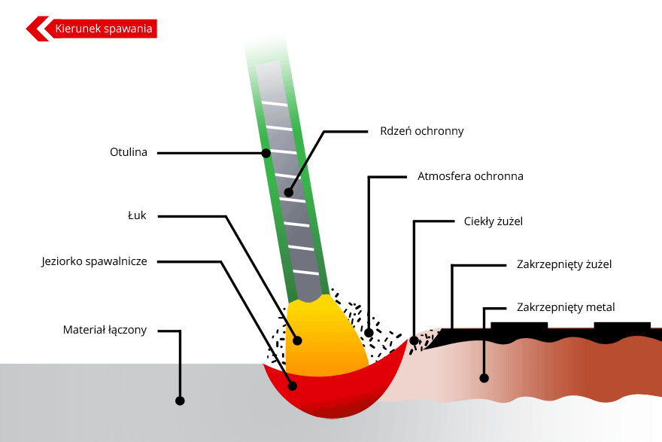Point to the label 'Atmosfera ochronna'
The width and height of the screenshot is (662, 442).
[470, 177]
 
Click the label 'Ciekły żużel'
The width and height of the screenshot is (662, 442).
[493, 221]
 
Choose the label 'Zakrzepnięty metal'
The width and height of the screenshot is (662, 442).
[566, 307]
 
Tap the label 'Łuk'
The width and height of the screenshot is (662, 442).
[137, 215]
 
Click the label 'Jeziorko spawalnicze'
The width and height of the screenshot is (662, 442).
[94, 262]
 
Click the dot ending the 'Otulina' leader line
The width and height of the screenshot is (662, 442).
[266, 154]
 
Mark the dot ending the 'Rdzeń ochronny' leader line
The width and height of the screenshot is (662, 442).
[288, 193]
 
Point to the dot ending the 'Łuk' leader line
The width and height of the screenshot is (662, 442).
[299, 340]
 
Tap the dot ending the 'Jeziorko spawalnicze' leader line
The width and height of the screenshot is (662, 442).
[293, 386]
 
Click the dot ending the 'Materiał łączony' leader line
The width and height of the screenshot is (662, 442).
[180, 401]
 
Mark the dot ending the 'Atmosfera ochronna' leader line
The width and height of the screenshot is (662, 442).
[369, 332]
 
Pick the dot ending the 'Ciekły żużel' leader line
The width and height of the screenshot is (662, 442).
[413, 341]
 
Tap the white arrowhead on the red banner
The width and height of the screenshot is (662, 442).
[38, 29]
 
